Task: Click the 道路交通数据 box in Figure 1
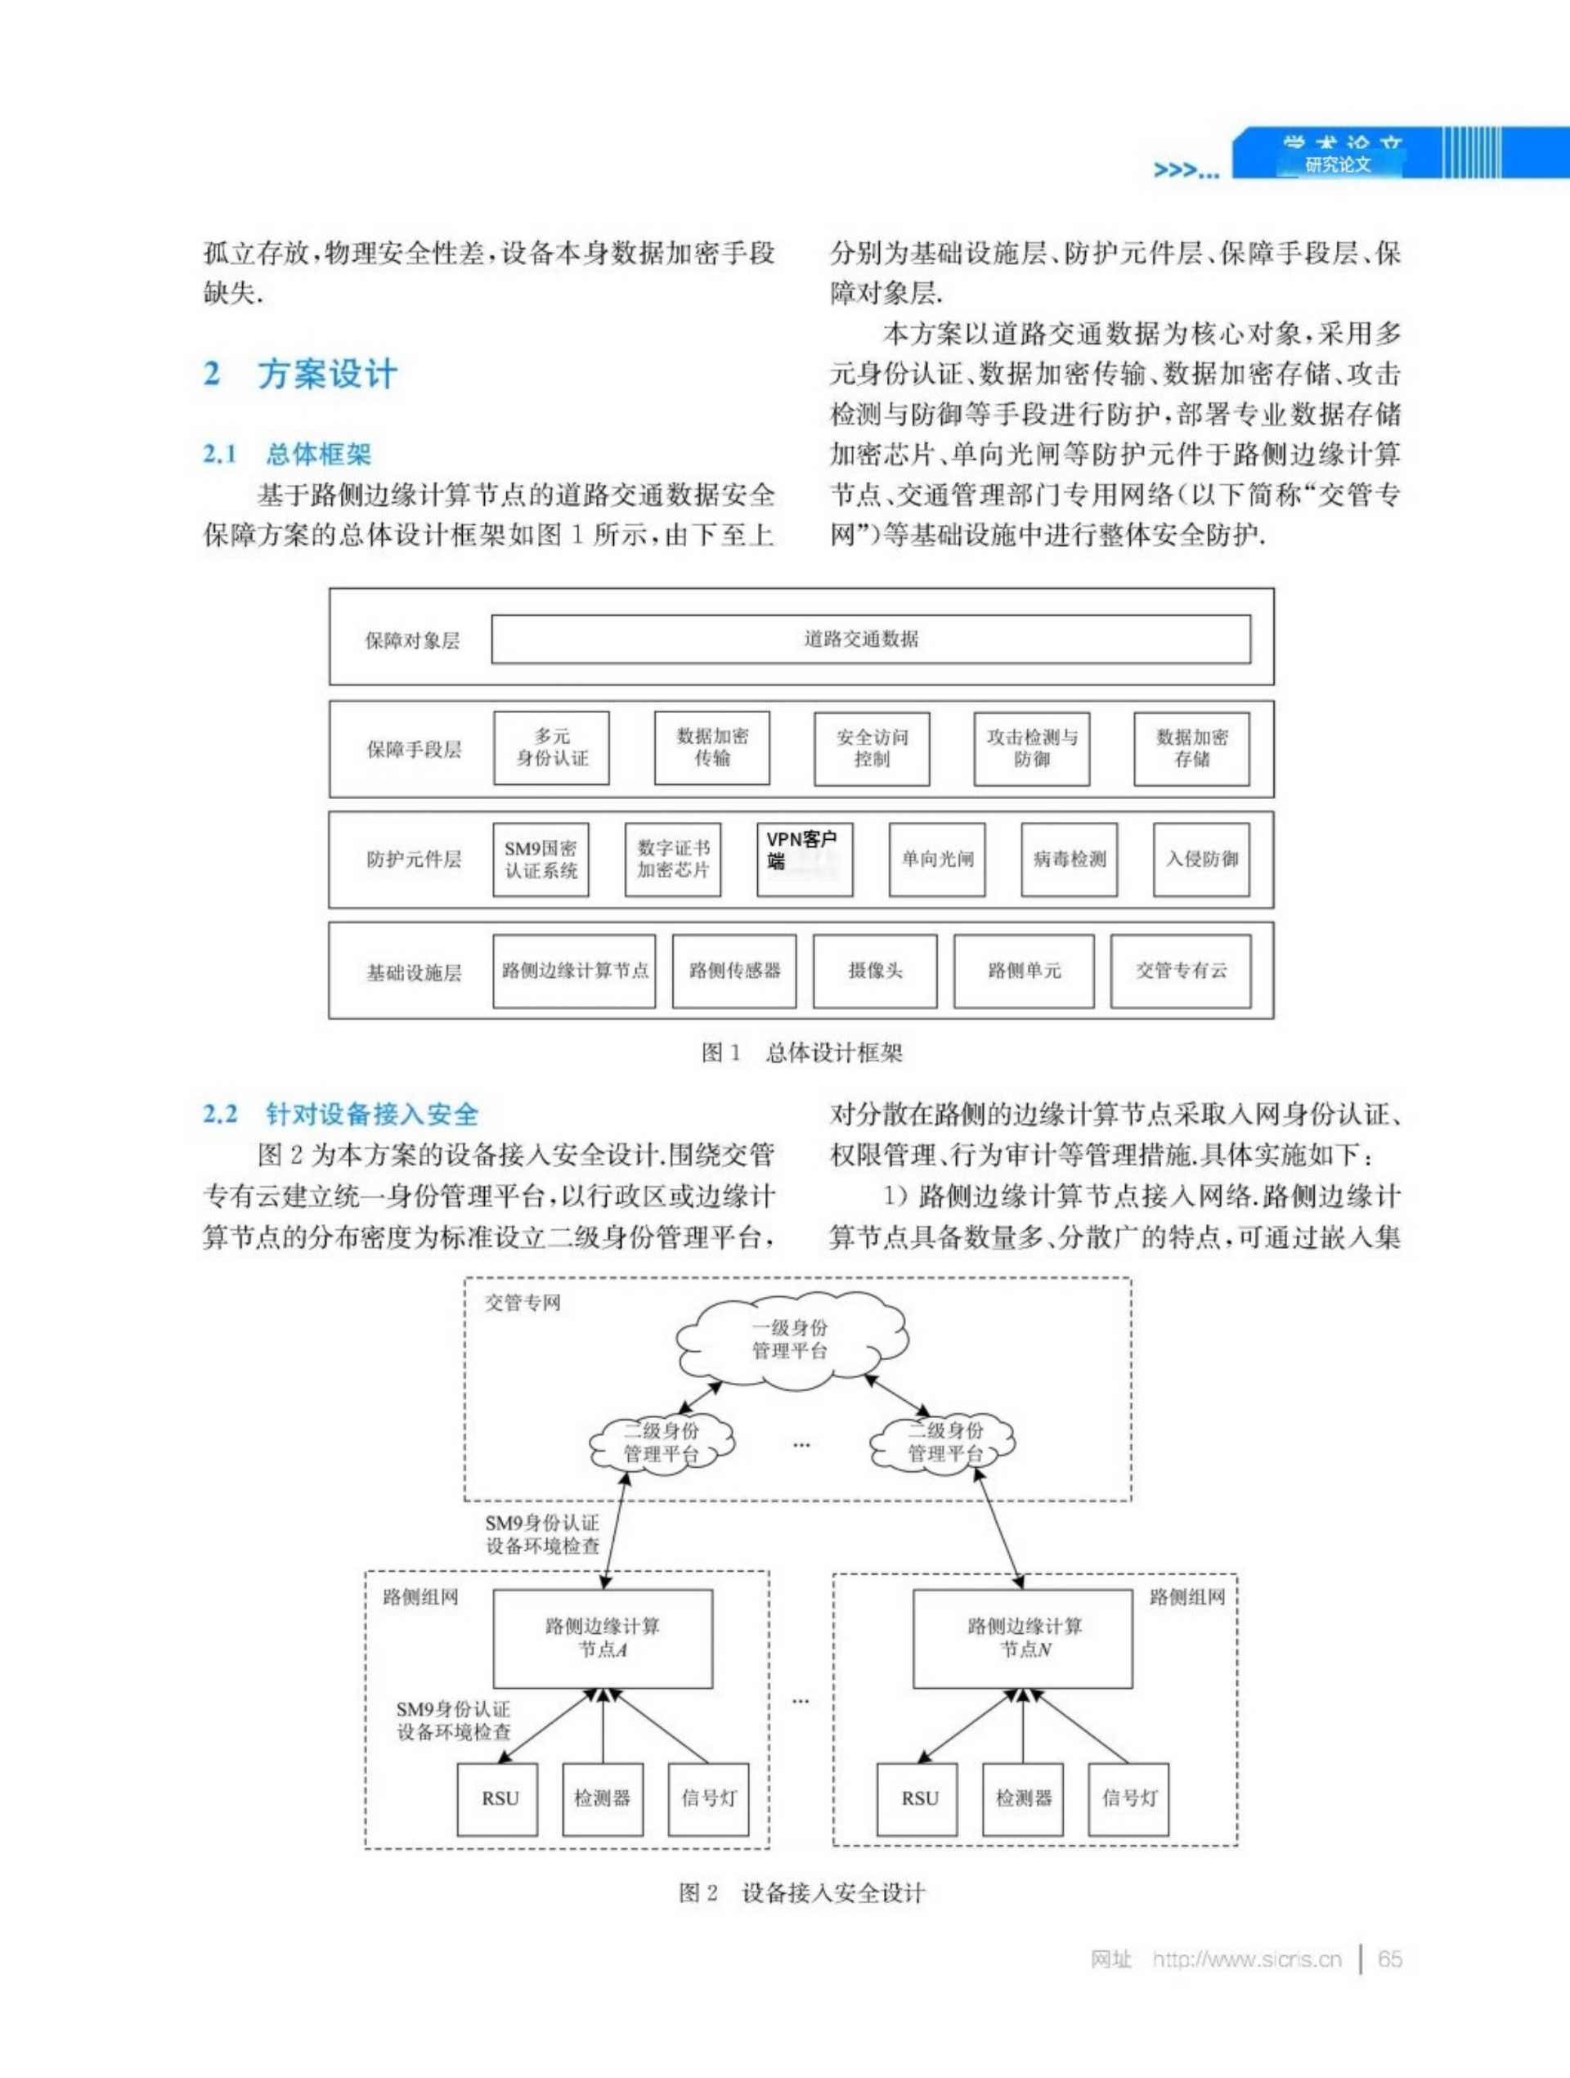870,639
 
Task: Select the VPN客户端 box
805,859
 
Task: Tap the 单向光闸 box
937,859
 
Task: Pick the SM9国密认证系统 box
541,859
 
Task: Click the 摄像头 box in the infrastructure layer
875,971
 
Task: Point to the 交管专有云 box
1180,971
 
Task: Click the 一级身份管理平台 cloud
790,1339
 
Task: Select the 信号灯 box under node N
1128,1798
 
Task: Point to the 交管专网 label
523,1303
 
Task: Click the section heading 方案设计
327,374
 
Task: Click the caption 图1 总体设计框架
801,1052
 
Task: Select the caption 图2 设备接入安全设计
801,1892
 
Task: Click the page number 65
1389,1959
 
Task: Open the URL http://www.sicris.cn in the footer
1247,1959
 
